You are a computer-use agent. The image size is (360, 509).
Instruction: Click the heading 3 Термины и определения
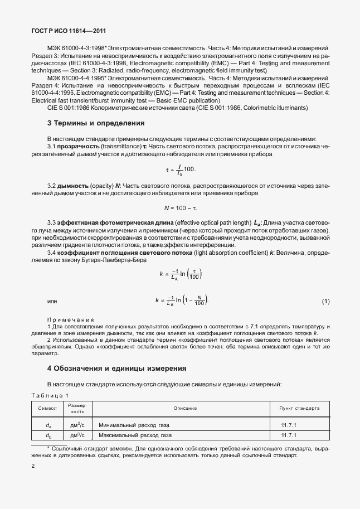pos(96,123)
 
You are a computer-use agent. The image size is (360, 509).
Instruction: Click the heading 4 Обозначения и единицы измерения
pos(116,369)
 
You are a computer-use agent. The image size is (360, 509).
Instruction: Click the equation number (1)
pos(325,302)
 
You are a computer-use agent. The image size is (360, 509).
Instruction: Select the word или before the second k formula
pos(52,302)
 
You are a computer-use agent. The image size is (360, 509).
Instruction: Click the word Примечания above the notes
pos(70,319)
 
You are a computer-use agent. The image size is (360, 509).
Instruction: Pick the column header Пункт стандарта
pos(299,408)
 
